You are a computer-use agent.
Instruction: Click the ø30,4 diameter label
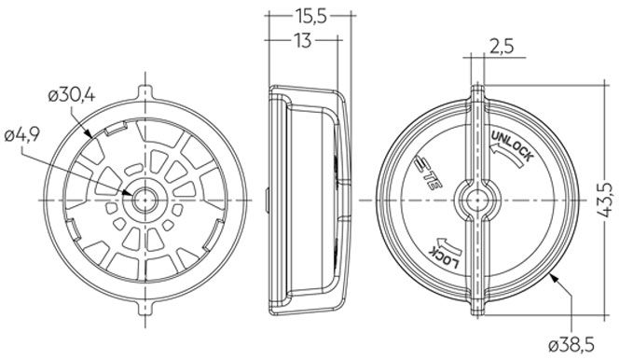[x=72, y=96]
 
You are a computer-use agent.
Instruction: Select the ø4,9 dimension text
[x=22, y=135]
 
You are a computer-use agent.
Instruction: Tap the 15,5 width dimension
[x=310, y=16]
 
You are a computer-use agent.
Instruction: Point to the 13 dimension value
[x=303, y=40]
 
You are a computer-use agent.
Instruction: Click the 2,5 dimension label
[x=503, y=47]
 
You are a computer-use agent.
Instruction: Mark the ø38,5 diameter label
[x=572, y=346]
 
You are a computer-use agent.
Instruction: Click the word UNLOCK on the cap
[x=513, y=145]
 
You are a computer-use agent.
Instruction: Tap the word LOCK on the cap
[x=445, y=258]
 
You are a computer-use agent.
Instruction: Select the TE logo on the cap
[x=429, y=173]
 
